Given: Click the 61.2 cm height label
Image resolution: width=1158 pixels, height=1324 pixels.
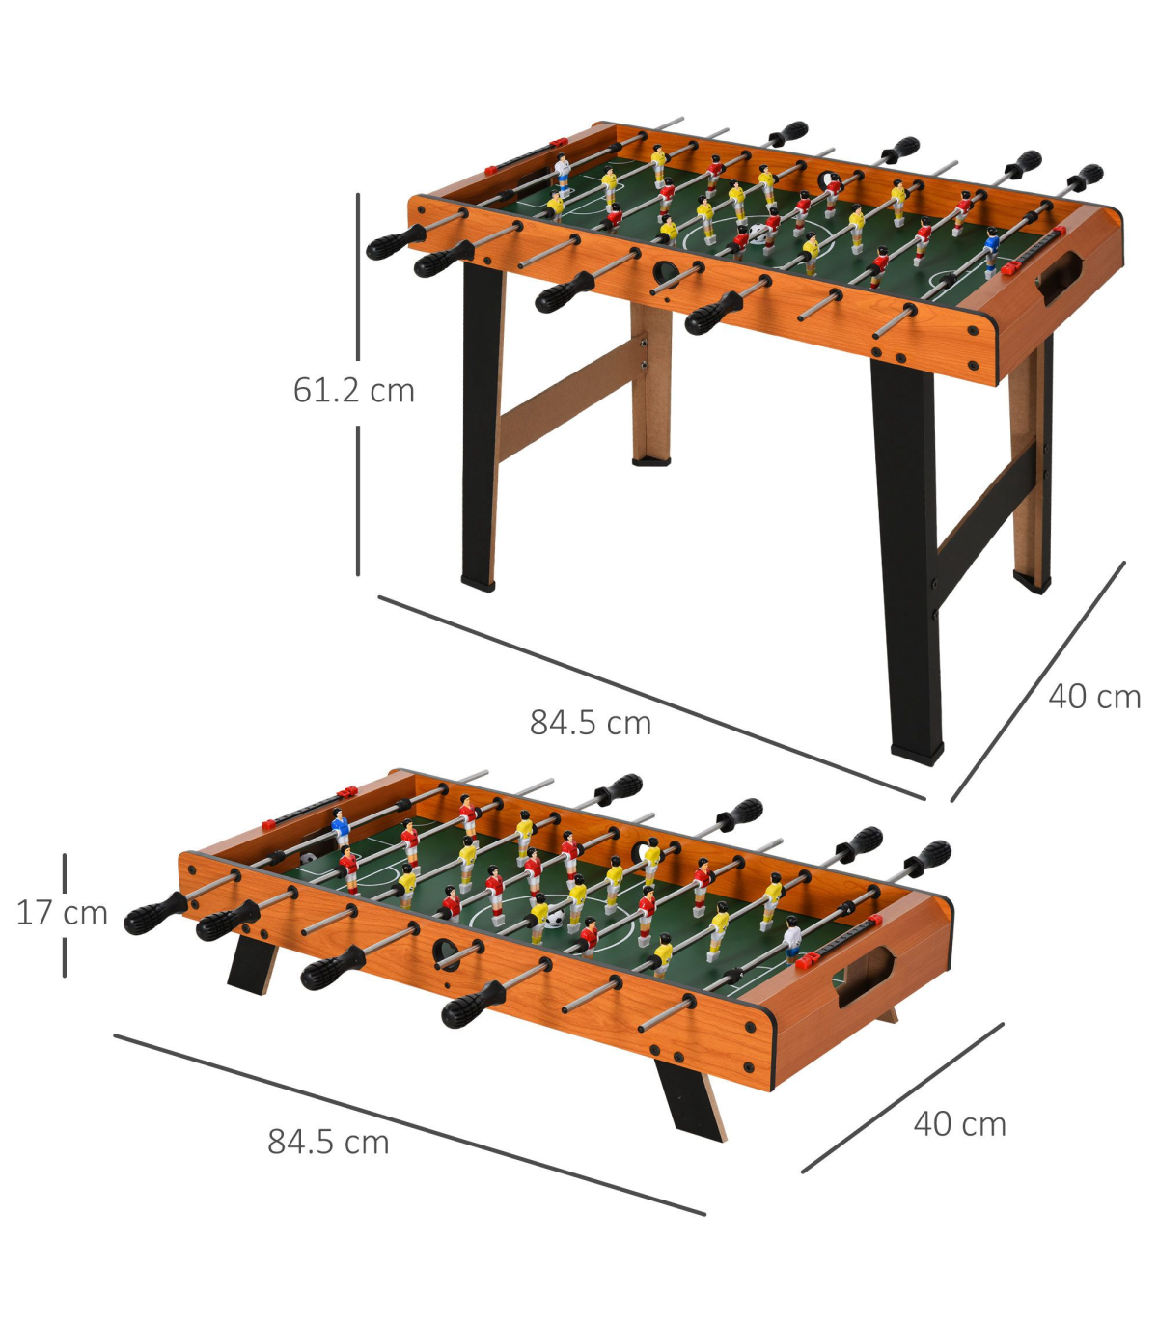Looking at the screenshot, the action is [354, 390].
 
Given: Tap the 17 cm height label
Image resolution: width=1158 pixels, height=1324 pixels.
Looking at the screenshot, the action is [62, 913].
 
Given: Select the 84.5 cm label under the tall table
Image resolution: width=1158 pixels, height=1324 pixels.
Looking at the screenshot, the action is [591, 723].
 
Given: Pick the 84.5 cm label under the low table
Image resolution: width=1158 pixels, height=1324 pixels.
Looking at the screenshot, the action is [329, 1143].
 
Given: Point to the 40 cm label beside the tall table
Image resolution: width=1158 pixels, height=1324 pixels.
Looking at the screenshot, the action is [1094, 697].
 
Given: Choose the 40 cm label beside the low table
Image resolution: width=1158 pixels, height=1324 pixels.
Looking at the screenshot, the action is [960, 1124].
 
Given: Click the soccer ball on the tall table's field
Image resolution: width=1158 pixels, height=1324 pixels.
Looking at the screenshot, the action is [758, 233].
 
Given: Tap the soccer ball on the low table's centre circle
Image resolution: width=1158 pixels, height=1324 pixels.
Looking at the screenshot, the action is [554, 918].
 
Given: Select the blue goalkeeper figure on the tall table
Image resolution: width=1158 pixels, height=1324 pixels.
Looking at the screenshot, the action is [991, 253].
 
